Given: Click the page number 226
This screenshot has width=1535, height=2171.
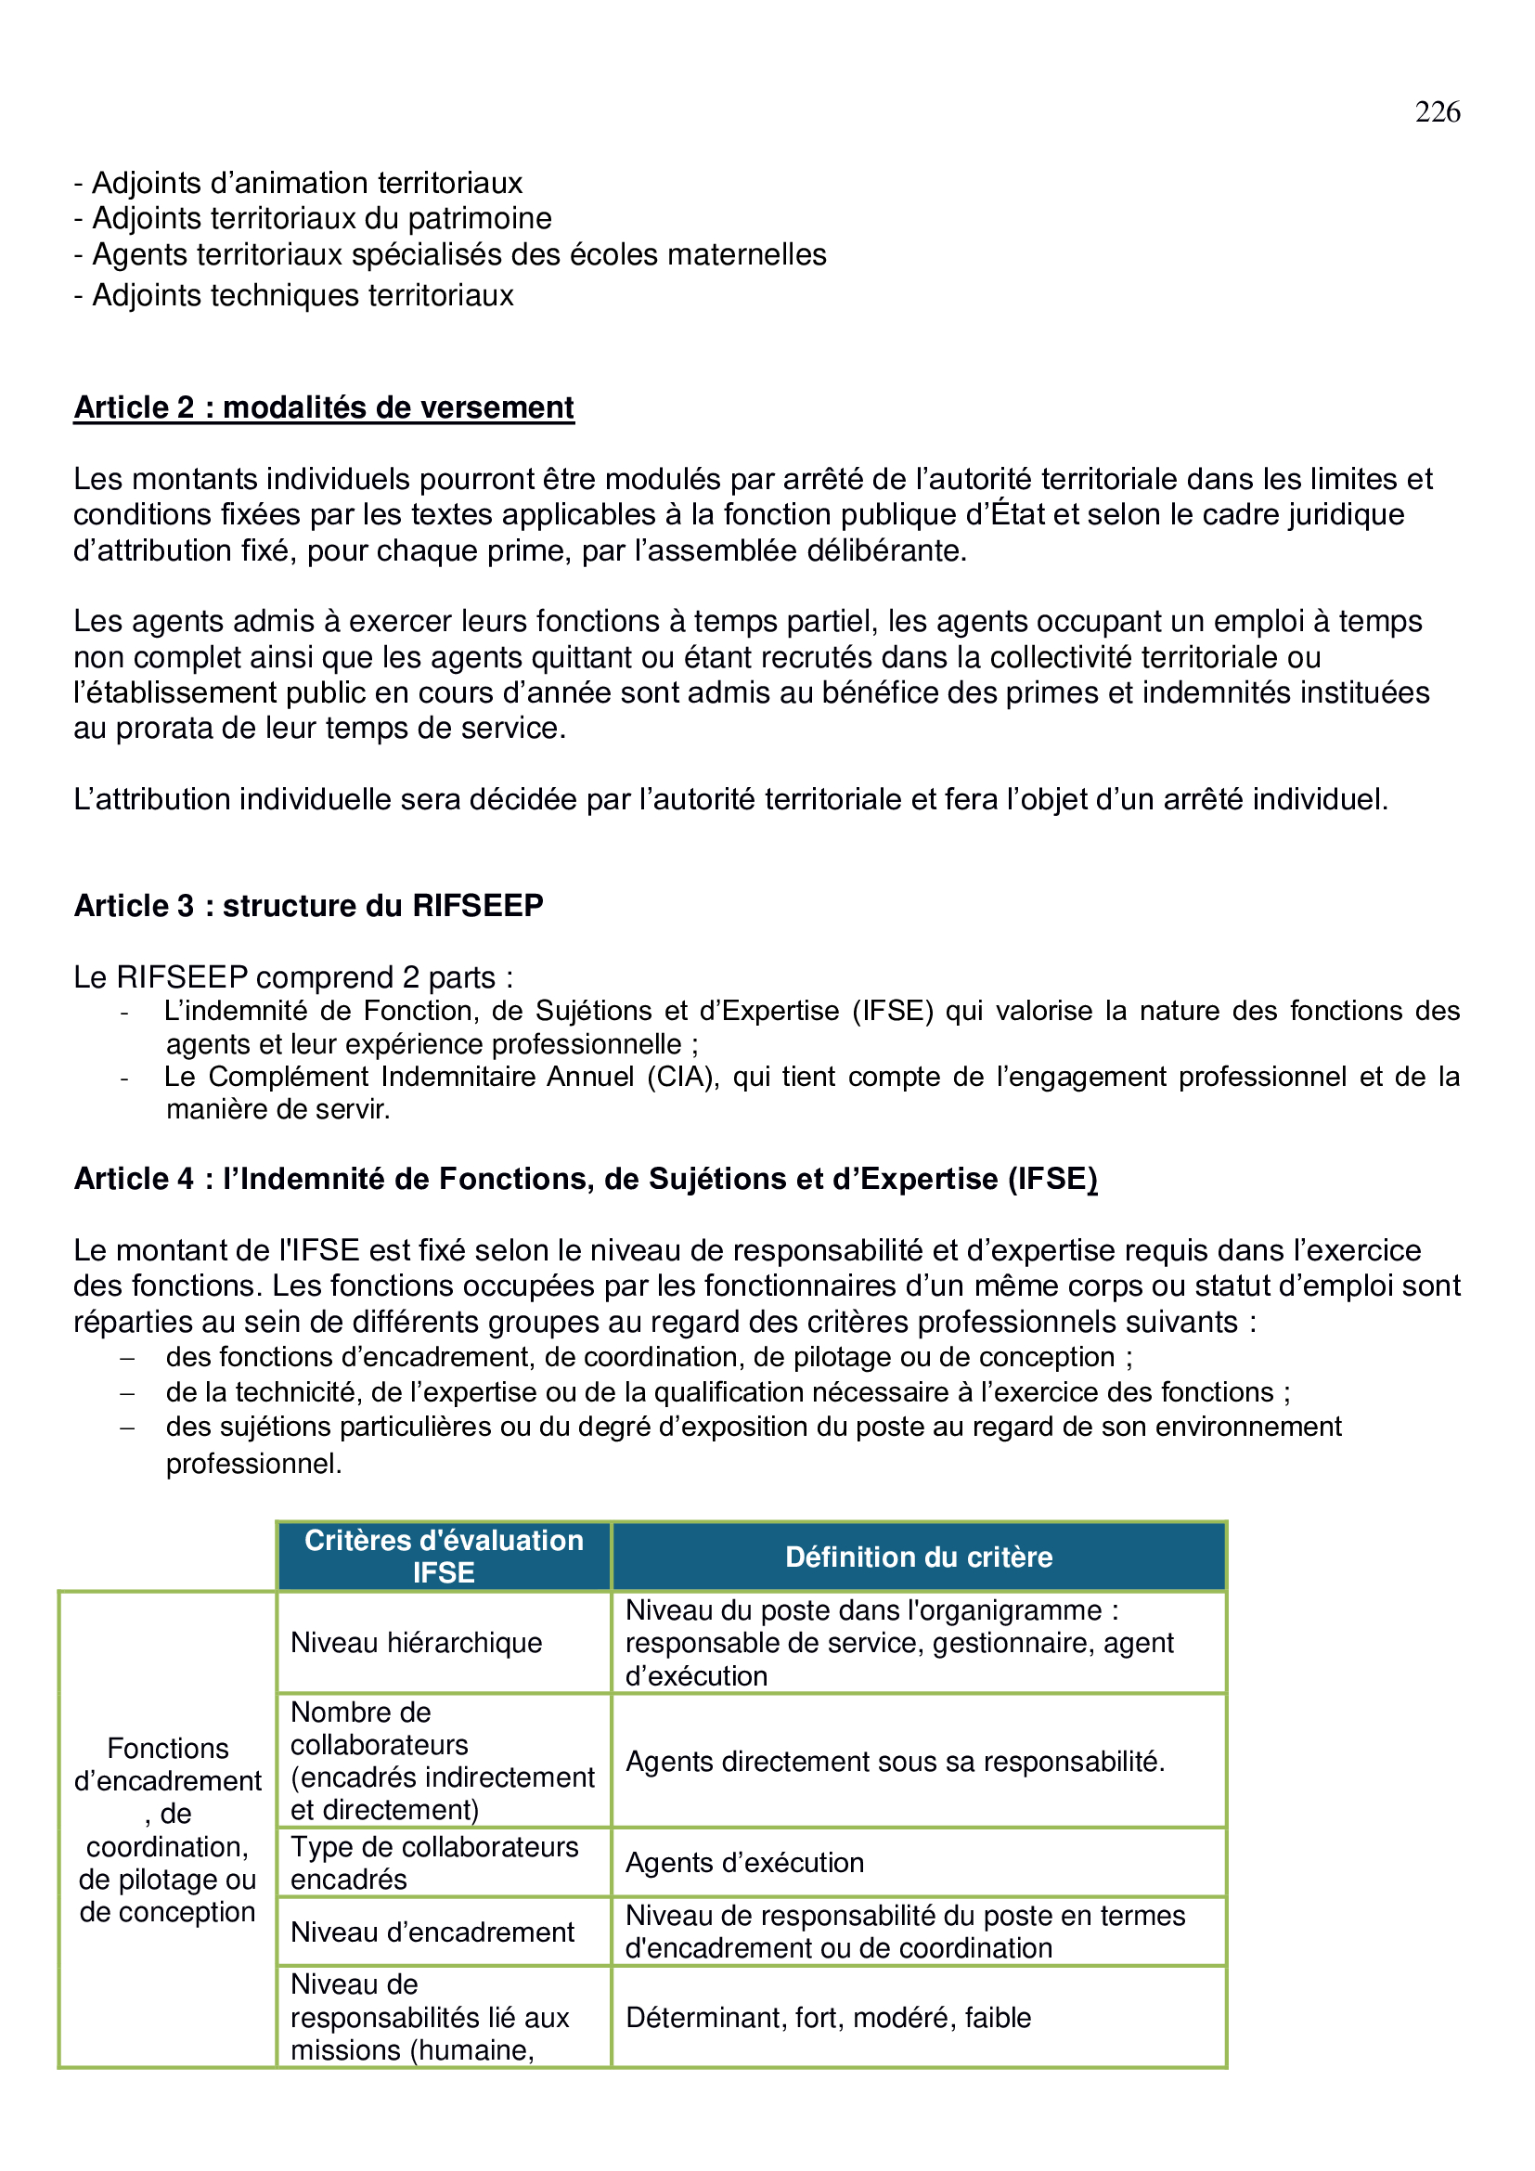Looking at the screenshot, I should [1437, 112].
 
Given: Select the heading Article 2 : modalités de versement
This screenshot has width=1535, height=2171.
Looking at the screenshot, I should [323, 407].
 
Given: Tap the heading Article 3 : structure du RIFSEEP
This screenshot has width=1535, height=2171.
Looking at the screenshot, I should [308, 906].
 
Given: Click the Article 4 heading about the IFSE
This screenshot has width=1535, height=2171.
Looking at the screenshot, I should [585, 1179].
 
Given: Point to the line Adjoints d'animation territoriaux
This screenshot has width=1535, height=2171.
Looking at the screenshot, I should [298, 183].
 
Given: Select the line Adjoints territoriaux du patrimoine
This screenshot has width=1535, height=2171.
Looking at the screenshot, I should [313, 218].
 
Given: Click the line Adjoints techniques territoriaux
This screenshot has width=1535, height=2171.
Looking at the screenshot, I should [294, 296].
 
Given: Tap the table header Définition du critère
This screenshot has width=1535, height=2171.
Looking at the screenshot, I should [918, 1557].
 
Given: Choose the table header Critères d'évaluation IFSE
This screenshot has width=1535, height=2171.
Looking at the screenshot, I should [444, 1557].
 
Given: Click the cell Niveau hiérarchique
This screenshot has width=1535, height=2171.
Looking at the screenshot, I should [416, 1643].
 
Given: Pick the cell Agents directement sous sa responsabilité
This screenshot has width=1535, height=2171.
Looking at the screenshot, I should [894, 1762].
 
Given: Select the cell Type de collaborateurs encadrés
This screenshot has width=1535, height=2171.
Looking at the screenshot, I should [433, 1863].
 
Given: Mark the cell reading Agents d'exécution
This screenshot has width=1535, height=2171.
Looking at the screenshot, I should [745, 1863].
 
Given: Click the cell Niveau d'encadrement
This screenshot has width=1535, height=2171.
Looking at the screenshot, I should [432, 1932].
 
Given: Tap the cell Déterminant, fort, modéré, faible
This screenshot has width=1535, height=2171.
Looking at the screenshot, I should [828, 2018].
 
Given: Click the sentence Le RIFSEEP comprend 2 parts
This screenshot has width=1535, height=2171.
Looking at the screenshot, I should [293, 976].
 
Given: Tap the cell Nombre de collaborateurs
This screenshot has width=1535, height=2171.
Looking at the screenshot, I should [443, 1761].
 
